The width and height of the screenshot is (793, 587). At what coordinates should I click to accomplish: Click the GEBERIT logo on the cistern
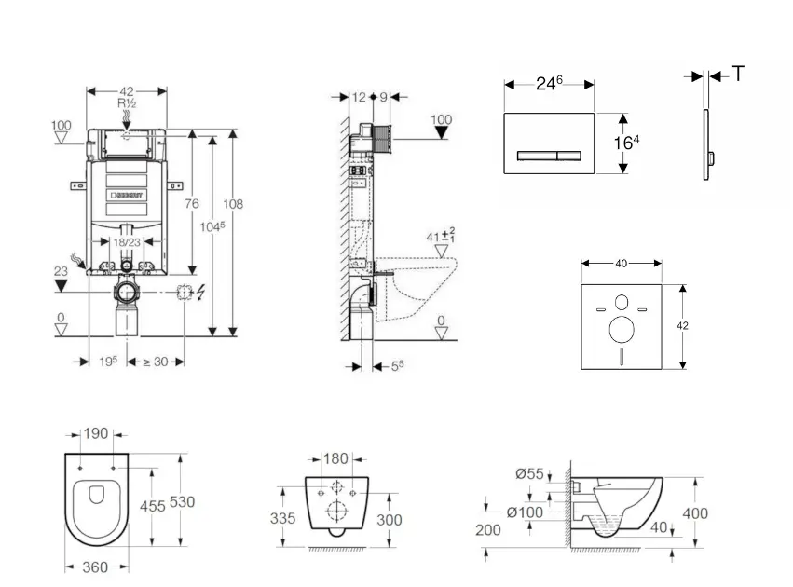point(129,196)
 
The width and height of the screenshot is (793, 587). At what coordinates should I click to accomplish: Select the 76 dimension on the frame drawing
point(191,204)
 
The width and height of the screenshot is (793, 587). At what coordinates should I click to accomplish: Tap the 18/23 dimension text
point(127,241)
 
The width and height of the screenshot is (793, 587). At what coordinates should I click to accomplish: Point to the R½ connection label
point(127,103)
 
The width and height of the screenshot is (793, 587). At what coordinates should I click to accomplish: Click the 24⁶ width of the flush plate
point(549,83)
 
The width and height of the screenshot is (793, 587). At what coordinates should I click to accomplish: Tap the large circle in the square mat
point(622,330)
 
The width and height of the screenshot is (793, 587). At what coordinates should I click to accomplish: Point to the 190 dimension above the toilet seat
point(97,434)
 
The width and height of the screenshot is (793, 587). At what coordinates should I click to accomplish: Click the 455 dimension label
point(152,505)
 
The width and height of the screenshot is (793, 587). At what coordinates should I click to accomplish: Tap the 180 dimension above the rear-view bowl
point(337,458)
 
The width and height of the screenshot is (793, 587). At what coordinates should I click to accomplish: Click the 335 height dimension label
point(284,518)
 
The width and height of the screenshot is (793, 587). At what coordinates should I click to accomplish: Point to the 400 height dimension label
point(695,513)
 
